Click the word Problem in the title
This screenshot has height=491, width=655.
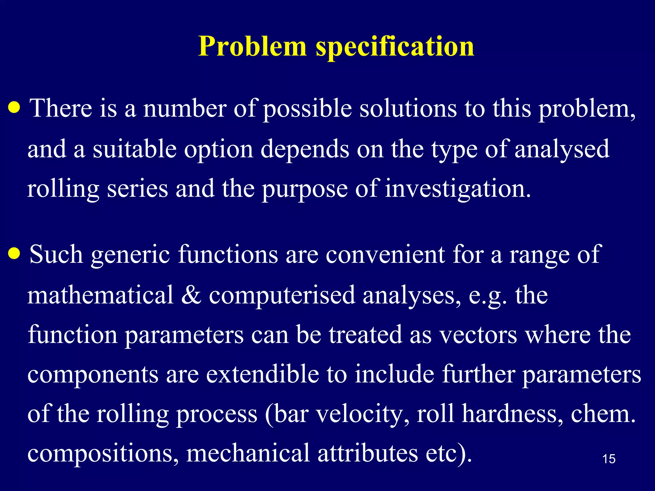coord(252,47)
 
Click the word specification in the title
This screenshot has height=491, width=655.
coord(395,47)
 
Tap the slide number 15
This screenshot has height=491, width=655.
coord(609,459)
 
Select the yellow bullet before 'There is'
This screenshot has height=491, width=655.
coord(14,108)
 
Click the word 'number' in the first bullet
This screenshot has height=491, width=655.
coord(185,109)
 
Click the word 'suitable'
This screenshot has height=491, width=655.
coord(135,149)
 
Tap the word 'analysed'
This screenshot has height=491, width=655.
coord(562,150)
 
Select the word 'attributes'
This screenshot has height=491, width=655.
coord(368,453)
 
